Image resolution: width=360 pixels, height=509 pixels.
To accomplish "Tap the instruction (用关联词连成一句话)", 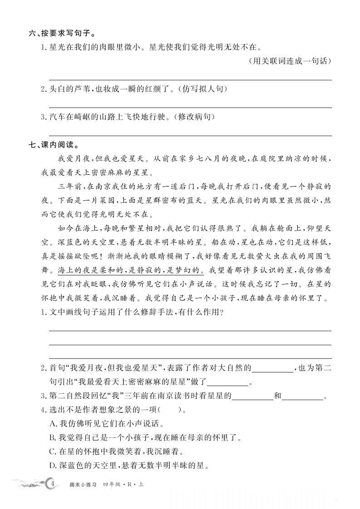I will click(291, 61).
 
